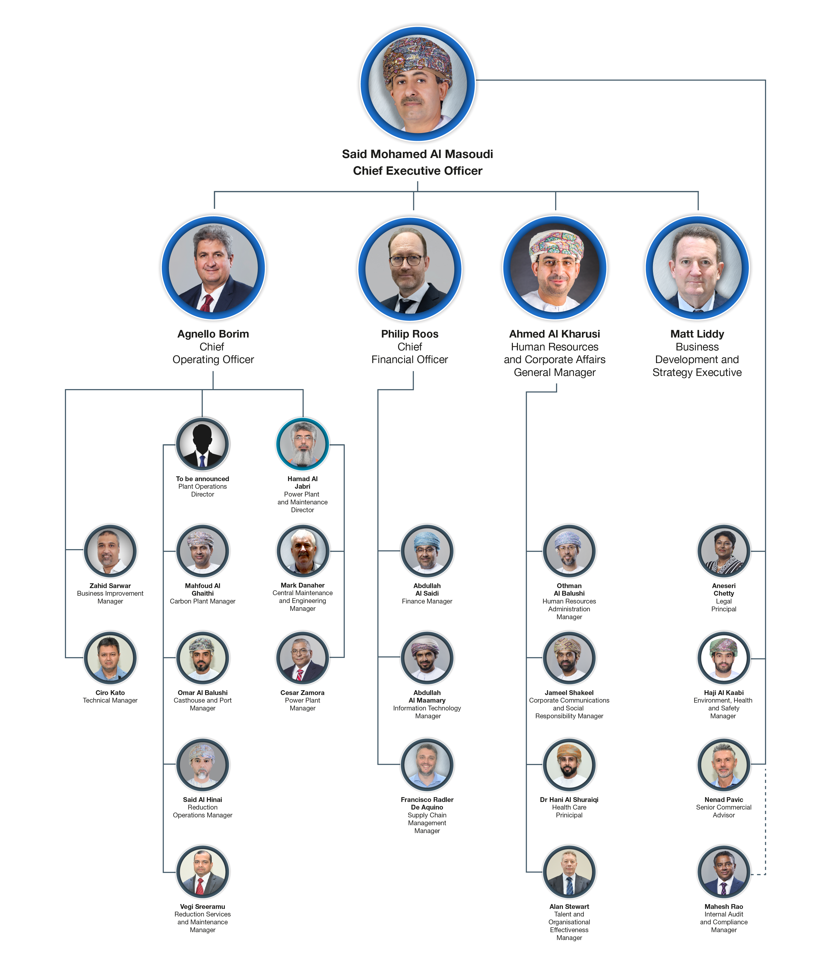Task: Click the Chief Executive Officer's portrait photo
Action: tap(417, 84)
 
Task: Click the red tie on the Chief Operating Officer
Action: tap(206, 303)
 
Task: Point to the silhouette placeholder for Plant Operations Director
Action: tap(202, 444)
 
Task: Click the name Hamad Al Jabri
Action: tap(302, 482)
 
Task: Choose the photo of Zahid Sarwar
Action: tap(110, 551)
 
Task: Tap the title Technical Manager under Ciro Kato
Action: tap(110, 700)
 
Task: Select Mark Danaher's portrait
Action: tap(302, 551)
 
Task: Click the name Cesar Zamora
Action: tap(302, 692)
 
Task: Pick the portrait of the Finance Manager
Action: tap(427, 551)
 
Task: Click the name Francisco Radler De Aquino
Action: tap(427, 803)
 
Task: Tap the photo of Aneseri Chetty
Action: tap(724, 551)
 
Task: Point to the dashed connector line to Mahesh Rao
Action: tap(765, 823)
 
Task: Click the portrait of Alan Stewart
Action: tap(569, 871)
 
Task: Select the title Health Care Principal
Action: tap(569, 811)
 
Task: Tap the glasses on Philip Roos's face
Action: tap(406, 260)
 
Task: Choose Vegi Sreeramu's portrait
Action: tap(202, 871)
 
